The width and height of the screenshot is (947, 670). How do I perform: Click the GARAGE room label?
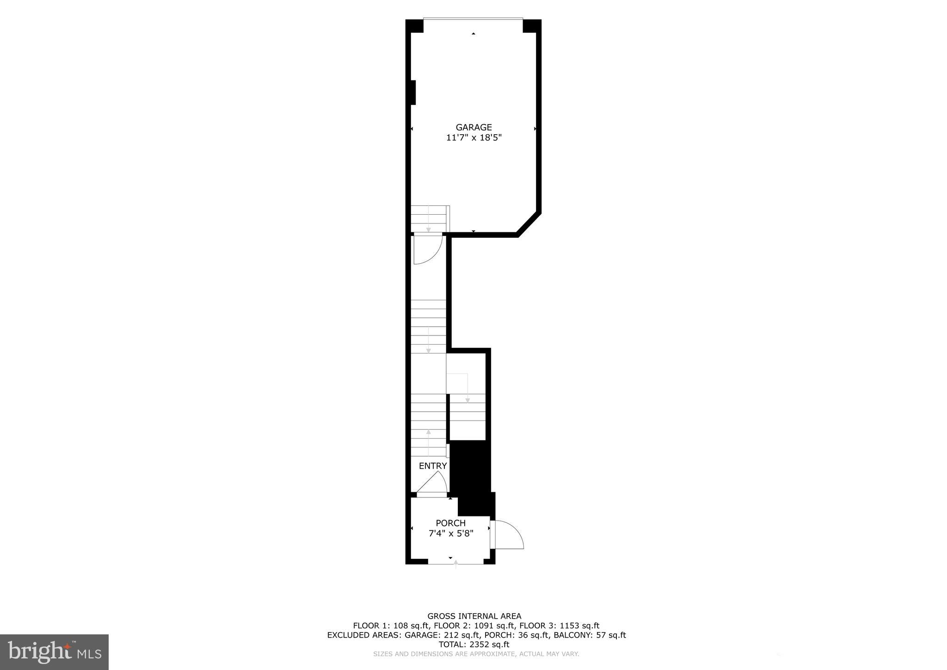[473, 127]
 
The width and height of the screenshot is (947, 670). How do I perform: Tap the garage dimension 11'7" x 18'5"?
[473, 137]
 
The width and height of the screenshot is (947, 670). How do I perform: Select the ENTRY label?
[433, 466]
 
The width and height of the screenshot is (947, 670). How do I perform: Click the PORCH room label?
[450, 523]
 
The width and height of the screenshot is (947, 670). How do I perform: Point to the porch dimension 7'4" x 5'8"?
[450, 534]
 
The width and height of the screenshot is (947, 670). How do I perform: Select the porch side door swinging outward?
[508, 535]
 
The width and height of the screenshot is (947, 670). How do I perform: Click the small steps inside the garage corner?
[430, 218]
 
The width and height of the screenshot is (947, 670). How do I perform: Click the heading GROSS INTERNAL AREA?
[474, 616]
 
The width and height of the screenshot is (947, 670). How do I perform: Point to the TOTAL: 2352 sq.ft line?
[474, 645]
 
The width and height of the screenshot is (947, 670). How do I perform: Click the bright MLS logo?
[54, 652]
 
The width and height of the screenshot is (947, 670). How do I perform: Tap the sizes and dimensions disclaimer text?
[476, 654]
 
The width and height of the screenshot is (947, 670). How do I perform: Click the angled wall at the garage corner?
[529, 224]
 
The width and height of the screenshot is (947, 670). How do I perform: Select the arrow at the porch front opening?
[456, 564]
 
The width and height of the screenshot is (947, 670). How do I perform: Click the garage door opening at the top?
[473, 19]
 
